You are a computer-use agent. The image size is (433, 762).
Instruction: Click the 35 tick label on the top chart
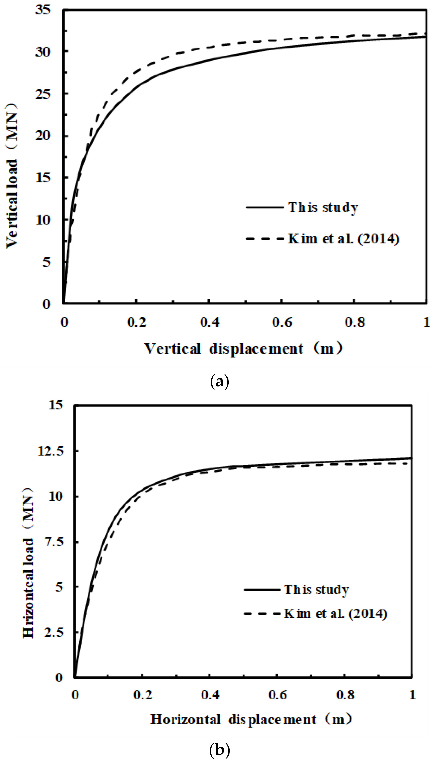43,10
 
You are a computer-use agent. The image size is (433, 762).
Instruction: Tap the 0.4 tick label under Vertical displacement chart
209,322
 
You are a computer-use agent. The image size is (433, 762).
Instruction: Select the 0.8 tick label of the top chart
355,322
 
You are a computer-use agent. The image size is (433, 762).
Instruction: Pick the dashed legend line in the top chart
265,238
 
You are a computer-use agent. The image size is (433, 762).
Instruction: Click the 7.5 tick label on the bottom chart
54,542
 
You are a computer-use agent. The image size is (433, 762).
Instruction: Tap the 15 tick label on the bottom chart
56,405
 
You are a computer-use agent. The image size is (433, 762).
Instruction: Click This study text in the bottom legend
316,590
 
